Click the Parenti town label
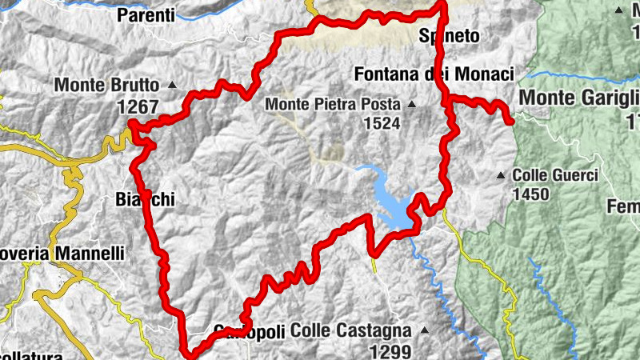pos(146,14)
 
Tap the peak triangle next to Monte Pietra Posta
pos(411,104)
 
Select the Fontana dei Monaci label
pos(433,74)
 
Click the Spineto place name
pos(449,36)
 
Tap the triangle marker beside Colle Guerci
pos(501,174)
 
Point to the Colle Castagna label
pos(350,330)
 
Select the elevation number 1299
pos(390,350)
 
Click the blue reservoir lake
pos(394,204)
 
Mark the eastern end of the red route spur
pos(510,121)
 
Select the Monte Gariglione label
pos(579,97)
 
